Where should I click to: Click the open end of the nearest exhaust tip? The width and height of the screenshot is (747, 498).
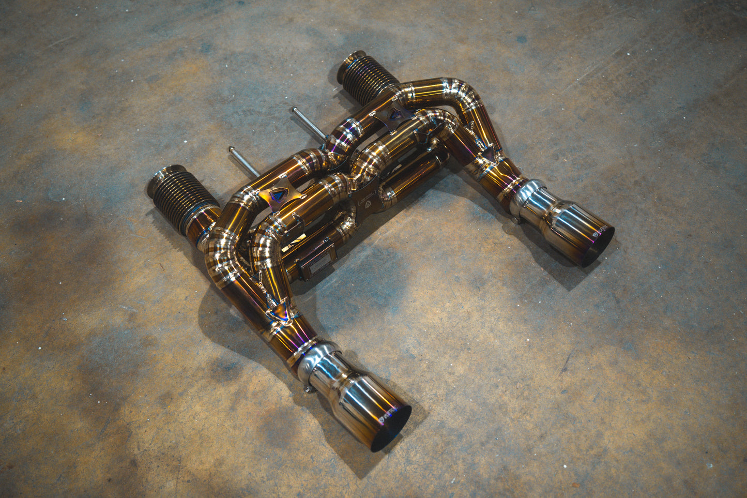391,428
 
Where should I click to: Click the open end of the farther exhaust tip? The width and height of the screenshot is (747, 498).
597,246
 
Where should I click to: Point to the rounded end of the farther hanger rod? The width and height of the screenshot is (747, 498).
295,110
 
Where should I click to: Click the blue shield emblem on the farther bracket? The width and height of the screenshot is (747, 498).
395,115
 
